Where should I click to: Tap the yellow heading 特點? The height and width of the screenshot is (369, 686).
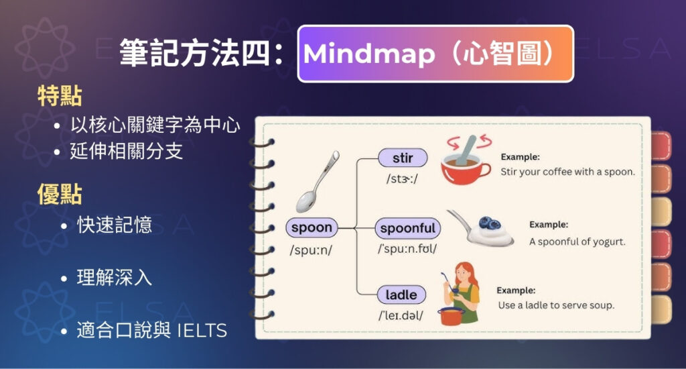tap(60, 97)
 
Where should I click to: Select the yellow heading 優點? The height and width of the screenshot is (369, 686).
tap(60, 195)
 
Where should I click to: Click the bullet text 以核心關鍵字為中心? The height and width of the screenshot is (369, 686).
tap(155, 125)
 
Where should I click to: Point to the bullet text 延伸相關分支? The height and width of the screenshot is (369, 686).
tap(126, 151)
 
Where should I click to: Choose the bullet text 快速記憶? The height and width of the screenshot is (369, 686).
tap(115, 225)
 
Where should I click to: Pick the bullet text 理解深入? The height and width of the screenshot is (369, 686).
tap(115, 277)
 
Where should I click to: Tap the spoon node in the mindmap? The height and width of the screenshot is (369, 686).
tap(312, 227)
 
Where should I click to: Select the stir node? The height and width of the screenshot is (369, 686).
tap(402, 158)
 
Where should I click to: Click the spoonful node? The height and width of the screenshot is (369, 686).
tap(407, 228)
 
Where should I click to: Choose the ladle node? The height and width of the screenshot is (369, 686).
tap(401, 295)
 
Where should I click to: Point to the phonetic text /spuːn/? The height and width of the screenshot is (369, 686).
tap(312, 250)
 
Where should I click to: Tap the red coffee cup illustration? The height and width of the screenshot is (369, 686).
tap(465, 164)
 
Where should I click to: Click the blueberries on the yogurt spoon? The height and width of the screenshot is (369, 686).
tap(486, 223)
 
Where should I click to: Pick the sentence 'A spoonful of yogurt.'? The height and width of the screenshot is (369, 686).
tap(577, 242)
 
